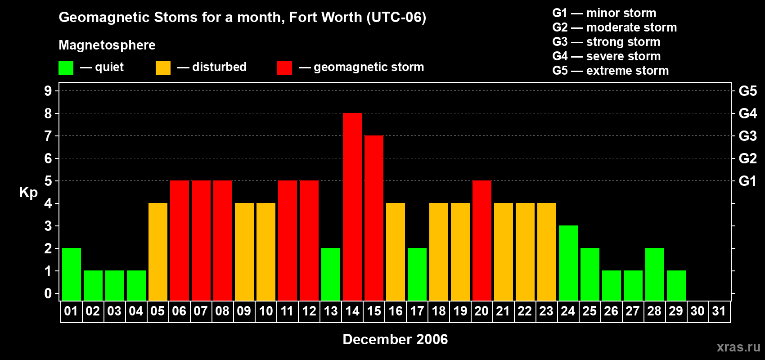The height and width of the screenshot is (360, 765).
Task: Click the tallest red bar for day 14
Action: tap(352, 207)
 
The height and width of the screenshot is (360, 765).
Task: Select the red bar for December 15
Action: tap(374, 218)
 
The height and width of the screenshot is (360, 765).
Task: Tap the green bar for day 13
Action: tap(331, 274)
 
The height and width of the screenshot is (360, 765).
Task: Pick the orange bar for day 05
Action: tap(158, 252)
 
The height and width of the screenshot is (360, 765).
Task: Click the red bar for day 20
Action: tap(482, 241)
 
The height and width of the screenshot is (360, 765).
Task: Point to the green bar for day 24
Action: tap(568, 263)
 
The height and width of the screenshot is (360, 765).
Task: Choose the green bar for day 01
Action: tap(72, 274)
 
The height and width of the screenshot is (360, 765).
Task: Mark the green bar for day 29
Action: tap(676, 286)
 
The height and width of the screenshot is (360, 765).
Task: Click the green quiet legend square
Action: tap(66, 68)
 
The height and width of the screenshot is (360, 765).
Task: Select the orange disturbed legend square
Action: tap(163, 68)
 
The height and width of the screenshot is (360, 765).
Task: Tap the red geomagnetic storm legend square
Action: tap(284, 68)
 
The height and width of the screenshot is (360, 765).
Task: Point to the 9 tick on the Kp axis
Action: tap(48, 91)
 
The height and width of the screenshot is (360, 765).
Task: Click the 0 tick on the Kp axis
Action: tap(48, 294)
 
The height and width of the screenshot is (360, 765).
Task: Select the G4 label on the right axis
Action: tap(747, 113)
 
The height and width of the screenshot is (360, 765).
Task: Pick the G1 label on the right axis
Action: tap(747, 181)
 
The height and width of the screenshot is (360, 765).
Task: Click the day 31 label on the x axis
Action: tap(719, 311)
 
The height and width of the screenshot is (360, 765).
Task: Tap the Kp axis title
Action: tap(28, 193)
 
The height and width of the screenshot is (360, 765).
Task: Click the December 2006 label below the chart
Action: tap(395, 339)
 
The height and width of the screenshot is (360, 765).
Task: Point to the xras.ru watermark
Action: tap(738, 347)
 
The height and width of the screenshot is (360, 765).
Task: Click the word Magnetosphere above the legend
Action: tap(107, 45)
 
